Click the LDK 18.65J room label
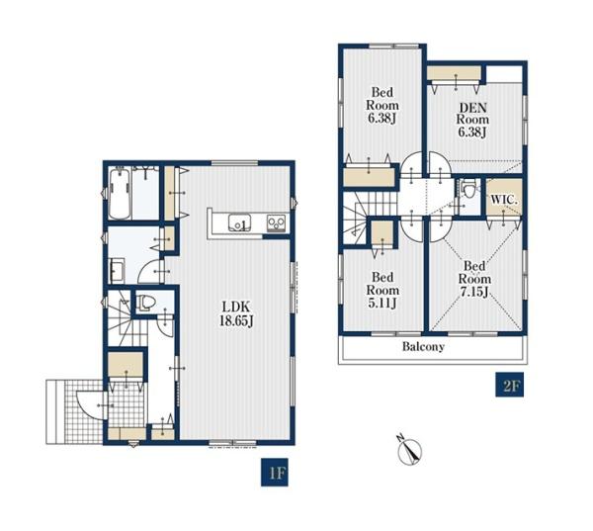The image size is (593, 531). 236,313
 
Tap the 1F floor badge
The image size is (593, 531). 275,473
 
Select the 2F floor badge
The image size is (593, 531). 509,385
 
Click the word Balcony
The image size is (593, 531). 423,346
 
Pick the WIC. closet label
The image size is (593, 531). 504,200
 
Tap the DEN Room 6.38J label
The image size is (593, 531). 472,120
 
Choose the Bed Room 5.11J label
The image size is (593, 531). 382,291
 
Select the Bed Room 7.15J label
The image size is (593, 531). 474,279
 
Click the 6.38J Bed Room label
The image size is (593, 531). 381,105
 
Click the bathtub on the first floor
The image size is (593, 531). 120,194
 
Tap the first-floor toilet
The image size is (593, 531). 146,303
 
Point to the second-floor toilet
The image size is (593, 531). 468,189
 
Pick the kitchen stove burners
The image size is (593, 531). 276,222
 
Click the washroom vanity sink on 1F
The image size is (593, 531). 117,270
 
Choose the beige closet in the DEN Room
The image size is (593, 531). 454,72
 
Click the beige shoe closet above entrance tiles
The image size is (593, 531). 126,364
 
